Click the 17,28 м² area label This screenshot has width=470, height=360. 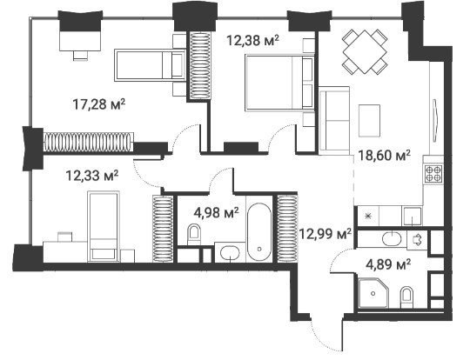[99, 104]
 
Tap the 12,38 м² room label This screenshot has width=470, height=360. [253, 40]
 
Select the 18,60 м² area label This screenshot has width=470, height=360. [385, 156]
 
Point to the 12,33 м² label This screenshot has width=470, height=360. [92, 175]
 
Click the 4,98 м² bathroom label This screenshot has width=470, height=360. [216, 213]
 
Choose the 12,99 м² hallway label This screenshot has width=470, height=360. [326, 234]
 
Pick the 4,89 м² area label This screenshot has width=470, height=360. [388, 264]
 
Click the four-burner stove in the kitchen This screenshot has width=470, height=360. [433, 174]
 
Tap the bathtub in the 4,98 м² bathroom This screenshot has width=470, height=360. [259, 232]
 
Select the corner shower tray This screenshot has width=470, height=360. [373, 293]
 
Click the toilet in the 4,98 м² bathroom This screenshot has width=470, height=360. [193, 235]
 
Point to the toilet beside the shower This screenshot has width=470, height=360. [406, 297]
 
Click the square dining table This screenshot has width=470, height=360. [365, 51]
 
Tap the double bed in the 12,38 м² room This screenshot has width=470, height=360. [279, 83]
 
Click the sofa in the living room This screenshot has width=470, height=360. [334, 120]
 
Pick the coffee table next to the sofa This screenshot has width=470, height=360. [369, 120]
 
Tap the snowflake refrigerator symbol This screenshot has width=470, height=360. [368, 216]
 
